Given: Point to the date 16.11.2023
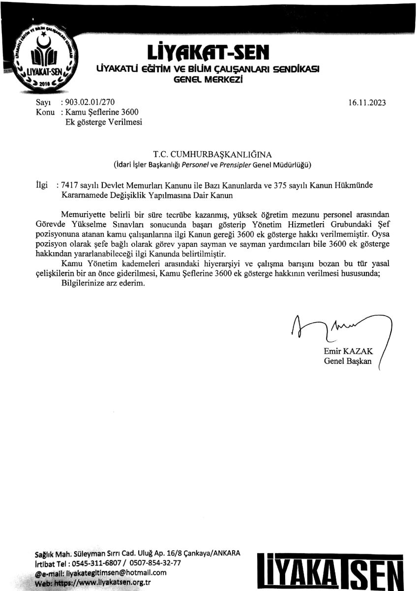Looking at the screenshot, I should [367, 103].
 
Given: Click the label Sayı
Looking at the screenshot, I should [44, 103].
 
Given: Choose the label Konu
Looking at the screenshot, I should [45, 112].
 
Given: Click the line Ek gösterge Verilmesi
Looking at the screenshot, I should [104, 122].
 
